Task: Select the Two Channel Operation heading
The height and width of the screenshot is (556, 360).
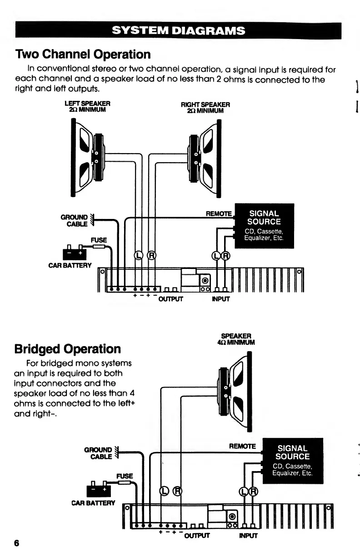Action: [83, 55]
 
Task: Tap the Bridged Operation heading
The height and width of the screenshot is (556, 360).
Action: [68, 349]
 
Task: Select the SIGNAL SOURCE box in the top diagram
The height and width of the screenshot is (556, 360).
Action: [264, 226]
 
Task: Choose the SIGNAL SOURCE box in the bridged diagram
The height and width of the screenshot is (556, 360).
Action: [293, 461]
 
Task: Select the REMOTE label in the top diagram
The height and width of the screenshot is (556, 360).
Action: [219, 213]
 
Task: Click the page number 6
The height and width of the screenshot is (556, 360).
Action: [17, 543]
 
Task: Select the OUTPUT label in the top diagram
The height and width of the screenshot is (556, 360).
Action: [170, 299]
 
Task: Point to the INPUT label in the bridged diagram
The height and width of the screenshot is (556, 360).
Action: [248, 536]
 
